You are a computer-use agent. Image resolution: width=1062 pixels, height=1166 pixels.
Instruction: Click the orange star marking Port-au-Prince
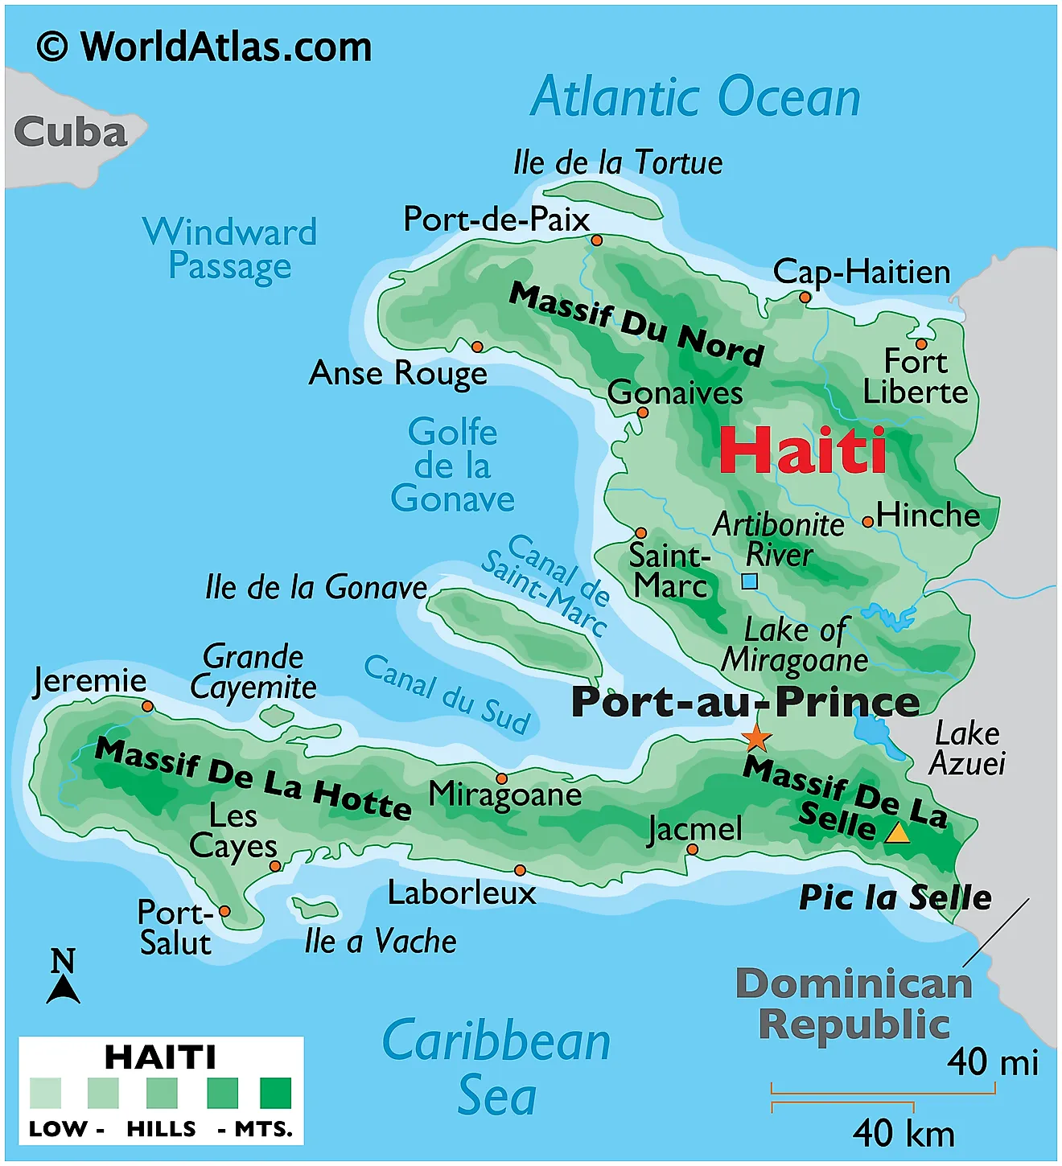click(755, 737)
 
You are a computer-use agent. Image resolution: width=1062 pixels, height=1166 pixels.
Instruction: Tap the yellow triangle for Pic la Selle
click(897, 833)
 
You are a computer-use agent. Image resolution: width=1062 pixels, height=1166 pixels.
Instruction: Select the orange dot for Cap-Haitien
click(805, 298)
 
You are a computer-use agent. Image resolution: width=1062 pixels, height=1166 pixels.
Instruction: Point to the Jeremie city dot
click(147, 706)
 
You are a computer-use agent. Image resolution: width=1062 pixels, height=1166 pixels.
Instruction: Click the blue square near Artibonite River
click(749, 581)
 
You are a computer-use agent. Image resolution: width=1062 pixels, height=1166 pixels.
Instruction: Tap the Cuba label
click(71, 133)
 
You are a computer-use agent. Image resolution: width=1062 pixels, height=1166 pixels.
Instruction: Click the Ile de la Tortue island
click(603, 197)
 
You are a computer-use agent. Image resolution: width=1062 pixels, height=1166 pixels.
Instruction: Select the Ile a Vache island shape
click(315, 909)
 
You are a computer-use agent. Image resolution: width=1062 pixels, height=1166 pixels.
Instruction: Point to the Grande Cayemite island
click(278, 714)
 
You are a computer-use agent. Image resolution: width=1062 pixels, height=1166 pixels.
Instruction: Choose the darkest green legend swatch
click(275, 1094)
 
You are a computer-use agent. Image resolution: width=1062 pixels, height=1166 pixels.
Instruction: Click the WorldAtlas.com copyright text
click(204, 47)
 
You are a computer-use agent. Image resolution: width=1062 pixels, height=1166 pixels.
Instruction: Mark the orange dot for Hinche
click(867, 522)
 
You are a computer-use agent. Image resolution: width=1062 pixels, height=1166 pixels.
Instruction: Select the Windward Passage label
click(230, 249)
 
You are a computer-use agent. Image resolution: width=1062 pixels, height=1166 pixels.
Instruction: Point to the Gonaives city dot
click(642, 413)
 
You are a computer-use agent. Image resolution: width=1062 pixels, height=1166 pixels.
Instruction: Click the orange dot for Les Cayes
click(275, 866)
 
